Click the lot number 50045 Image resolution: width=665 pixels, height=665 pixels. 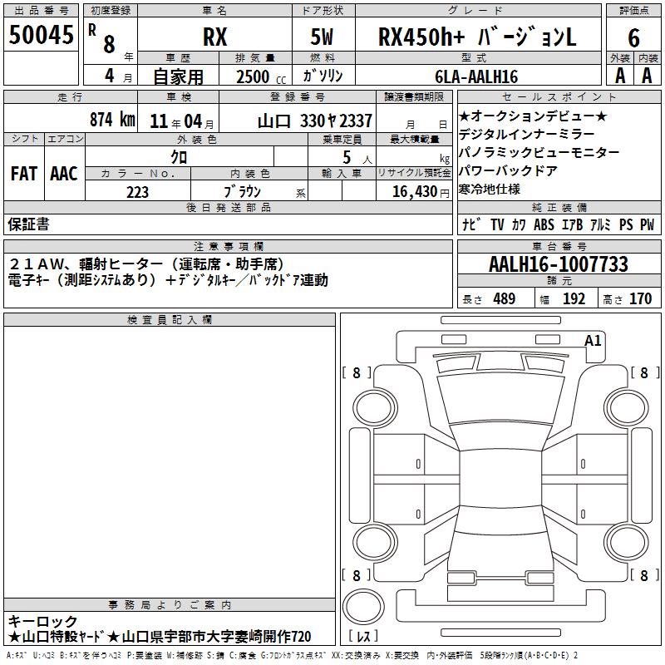pos(41,35)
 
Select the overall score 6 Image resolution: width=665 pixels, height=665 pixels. pos(633,37)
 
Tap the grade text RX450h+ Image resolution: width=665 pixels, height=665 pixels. pos(421,37)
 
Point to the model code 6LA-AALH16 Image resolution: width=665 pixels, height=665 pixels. pos(476,76)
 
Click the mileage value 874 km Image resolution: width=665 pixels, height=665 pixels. pos(112,120)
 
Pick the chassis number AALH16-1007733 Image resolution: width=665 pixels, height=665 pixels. pos(558,264)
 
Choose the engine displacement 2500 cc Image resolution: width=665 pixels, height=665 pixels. pos(261,77)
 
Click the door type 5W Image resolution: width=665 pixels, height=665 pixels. pos(322,37)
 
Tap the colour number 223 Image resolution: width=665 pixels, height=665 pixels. pos(137,192)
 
